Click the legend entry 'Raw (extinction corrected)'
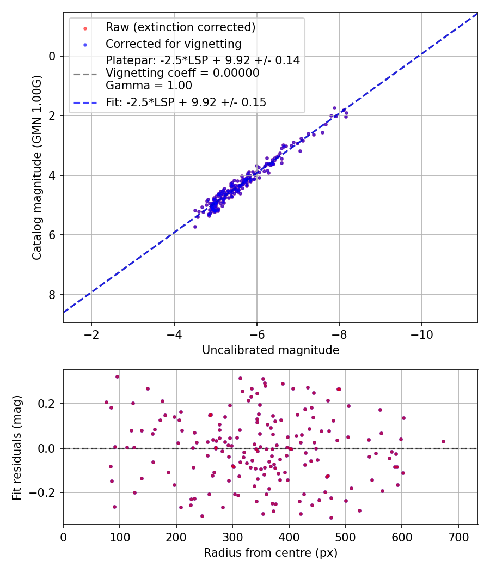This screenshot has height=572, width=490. pos(180,27)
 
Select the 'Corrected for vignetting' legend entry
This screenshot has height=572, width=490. pos(174,44)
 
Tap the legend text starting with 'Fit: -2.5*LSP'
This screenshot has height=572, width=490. pos(186,102)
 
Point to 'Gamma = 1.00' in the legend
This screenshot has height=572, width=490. pos(149,86)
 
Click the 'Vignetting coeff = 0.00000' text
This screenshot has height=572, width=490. pos(182,73)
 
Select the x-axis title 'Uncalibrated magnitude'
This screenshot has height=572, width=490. pos(271,350)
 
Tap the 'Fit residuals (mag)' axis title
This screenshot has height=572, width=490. pos(17,447)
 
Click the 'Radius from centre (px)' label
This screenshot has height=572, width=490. pos(271,553)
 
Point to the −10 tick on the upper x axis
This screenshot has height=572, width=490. pos(422,333)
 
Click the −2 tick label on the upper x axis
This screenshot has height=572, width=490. pos(91,333)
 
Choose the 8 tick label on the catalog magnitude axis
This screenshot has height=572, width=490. pos(52,295)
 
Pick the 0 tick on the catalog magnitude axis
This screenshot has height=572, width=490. pos(52,56)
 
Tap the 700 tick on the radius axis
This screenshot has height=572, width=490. pos(458,536)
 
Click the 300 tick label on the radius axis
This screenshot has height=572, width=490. pos(232,536)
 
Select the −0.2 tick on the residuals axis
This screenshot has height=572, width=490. pos(45,492)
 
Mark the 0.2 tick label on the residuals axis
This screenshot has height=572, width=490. pos(48,404)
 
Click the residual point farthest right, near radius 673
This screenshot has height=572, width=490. pos(443,441)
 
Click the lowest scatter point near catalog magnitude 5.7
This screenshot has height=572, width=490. pos(195,227)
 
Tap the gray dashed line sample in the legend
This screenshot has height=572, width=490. pos(85,73)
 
